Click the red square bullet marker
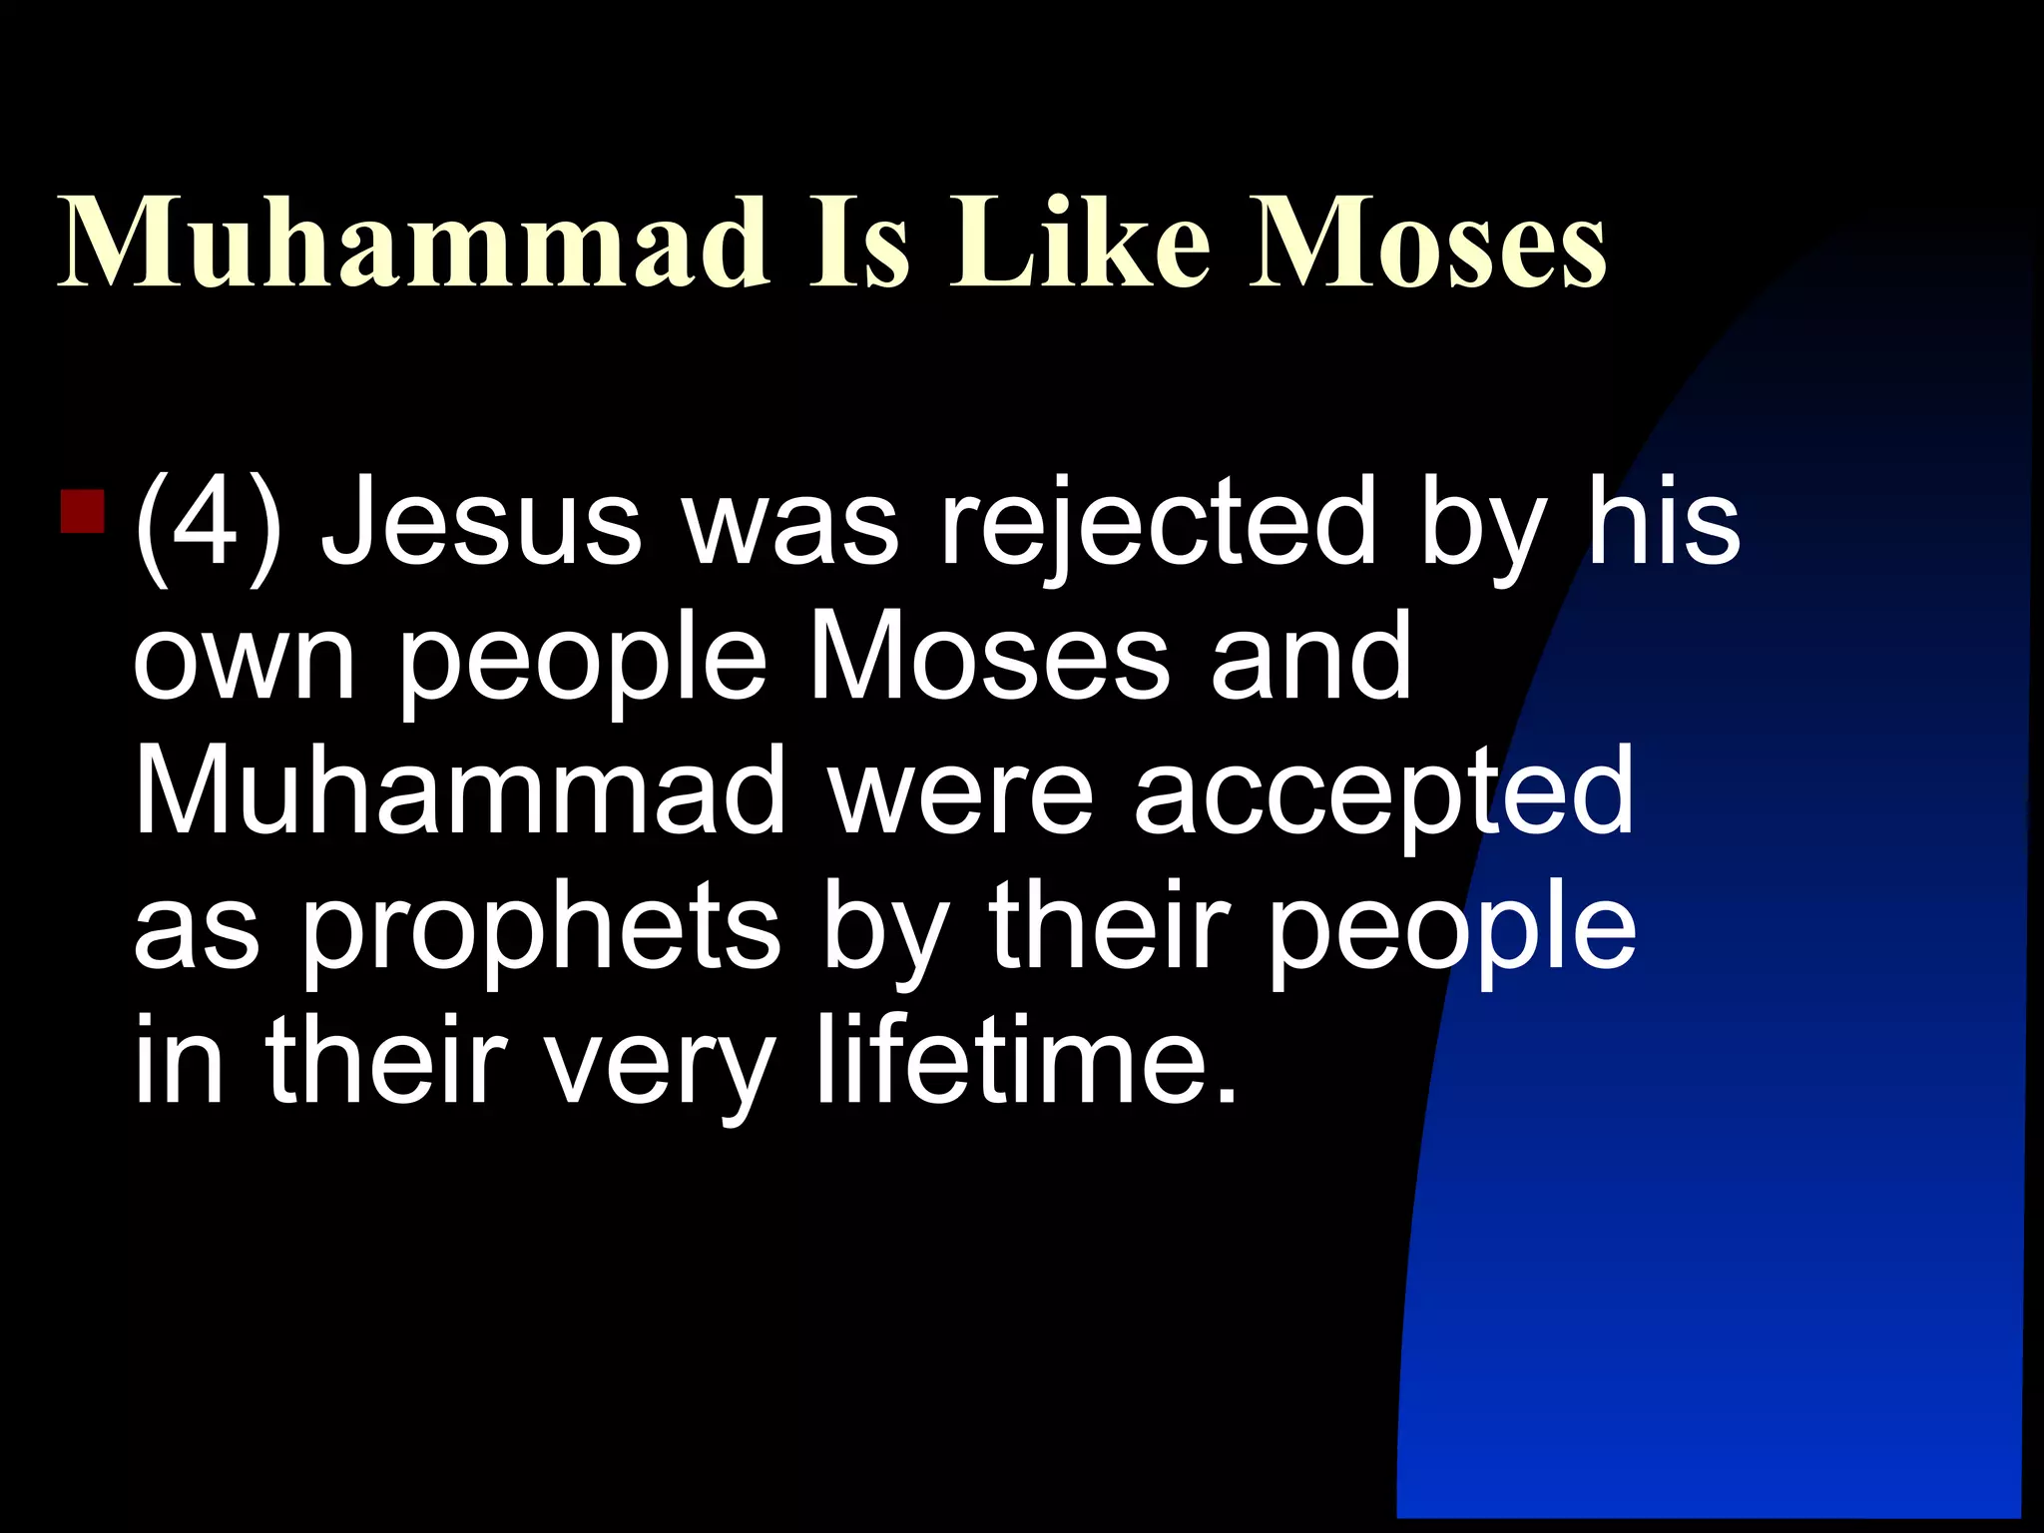point(83,510)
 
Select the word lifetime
point(1027,1060)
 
